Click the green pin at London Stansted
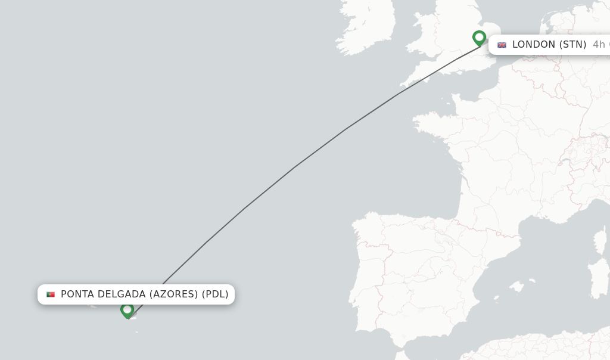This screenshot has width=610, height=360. [x=479, y=38]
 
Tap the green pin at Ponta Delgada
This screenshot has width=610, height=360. [x=127, y=310]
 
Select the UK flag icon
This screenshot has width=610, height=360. [x=502, y=45]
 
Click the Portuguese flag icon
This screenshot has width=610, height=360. [x=51, y=294]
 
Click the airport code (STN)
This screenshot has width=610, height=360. [x=572, y=45]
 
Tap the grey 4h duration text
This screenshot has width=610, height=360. [x=599, y=45]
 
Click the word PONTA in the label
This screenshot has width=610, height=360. [x=77, y=294]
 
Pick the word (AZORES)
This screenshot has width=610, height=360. [x=173, y=294]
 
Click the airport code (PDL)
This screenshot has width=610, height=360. [x=215, y=294]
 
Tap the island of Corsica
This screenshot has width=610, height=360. [x=600, y=238]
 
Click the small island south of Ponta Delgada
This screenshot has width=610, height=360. [x=136, y=331]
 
